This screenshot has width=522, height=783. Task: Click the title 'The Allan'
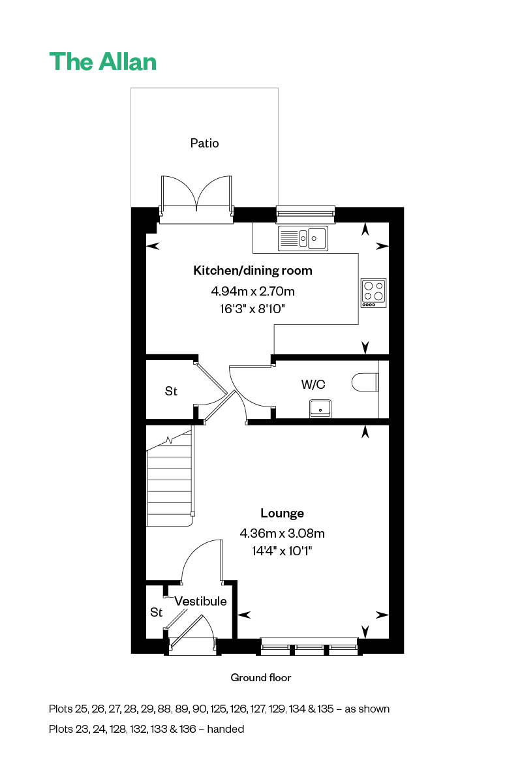point(103,62)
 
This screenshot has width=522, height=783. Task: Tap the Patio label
point(204,144)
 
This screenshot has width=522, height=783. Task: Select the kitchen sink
point(303,238)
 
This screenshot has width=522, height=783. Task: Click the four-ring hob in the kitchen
point(373,293)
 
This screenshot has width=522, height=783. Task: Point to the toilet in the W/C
point(365,382)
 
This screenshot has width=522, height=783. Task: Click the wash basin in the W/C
point(320,408)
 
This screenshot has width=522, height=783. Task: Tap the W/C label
point(313,384)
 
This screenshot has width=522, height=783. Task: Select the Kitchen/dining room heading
point(253,271)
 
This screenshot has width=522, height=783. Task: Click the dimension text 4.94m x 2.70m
point(253,291)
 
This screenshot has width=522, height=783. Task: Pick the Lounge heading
point(282,514)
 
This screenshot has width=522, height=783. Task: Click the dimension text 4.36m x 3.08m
point(282,534)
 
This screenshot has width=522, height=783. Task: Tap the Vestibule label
point(200,601)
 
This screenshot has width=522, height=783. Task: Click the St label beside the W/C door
point(171,391)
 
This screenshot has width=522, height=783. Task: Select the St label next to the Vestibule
point(157,612)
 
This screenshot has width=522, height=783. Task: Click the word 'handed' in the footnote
point(226,729)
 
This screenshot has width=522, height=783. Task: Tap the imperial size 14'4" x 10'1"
point(282,551)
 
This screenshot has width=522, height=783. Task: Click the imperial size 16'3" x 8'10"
point(253,309)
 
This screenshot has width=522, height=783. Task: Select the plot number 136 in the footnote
point(188,729)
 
